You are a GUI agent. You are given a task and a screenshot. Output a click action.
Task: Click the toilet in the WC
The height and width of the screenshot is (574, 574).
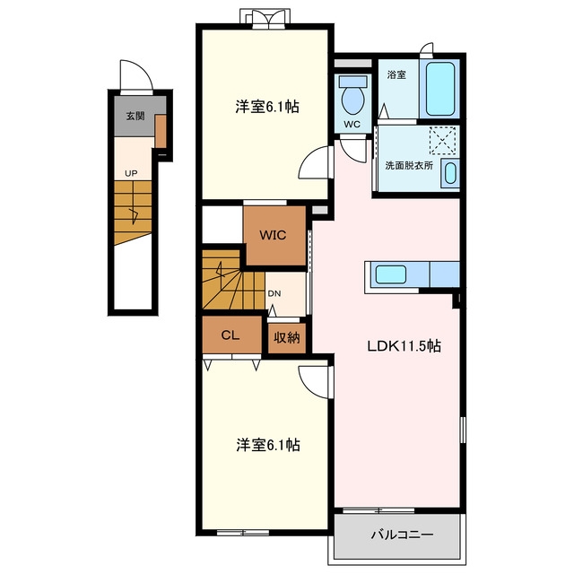pos(352,94)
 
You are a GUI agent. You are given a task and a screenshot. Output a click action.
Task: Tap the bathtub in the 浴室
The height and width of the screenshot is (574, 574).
pos(440,89)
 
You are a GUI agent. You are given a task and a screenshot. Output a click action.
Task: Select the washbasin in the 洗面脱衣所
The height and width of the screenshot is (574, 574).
pos(450,173)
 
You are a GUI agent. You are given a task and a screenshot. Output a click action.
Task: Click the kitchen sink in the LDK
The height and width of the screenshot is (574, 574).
pos(391,274)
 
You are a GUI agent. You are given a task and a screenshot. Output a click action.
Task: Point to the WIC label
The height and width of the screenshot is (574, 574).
pos(273,235)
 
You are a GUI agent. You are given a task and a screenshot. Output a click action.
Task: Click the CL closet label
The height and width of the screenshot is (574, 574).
pos(230,335)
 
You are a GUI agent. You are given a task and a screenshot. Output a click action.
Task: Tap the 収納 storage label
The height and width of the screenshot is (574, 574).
pos(287,337)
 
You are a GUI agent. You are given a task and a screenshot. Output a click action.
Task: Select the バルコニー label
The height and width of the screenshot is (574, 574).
pos(403,535)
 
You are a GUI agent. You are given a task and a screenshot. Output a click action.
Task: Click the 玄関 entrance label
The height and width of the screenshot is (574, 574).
pos(135,116)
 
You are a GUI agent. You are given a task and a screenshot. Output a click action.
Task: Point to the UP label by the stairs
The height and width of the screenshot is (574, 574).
pos(131,173)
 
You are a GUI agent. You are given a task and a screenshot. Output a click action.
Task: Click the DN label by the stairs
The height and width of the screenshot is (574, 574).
pos(274,293)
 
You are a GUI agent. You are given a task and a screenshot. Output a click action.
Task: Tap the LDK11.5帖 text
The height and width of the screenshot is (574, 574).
pos(404,346)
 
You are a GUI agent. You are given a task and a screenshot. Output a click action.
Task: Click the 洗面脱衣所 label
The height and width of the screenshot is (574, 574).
pos(409,165)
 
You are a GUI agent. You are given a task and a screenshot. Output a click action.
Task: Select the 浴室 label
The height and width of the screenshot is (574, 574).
pos(396,75)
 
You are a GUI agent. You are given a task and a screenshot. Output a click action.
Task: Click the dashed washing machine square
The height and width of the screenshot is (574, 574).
pos(442,140)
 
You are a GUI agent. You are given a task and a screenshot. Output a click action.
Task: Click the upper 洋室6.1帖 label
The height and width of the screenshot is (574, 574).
pos(267,107)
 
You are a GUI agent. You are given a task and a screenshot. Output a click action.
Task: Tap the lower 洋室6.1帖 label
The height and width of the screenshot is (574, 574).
pos(268,445)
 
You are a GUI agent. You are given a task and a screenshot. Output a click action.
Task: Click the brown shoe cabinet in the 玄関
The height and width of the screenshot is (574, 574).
pos(161,131)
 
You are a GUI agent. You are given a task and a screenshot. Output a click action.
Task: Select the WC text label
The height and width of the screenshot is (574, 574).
pos(352,124)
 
